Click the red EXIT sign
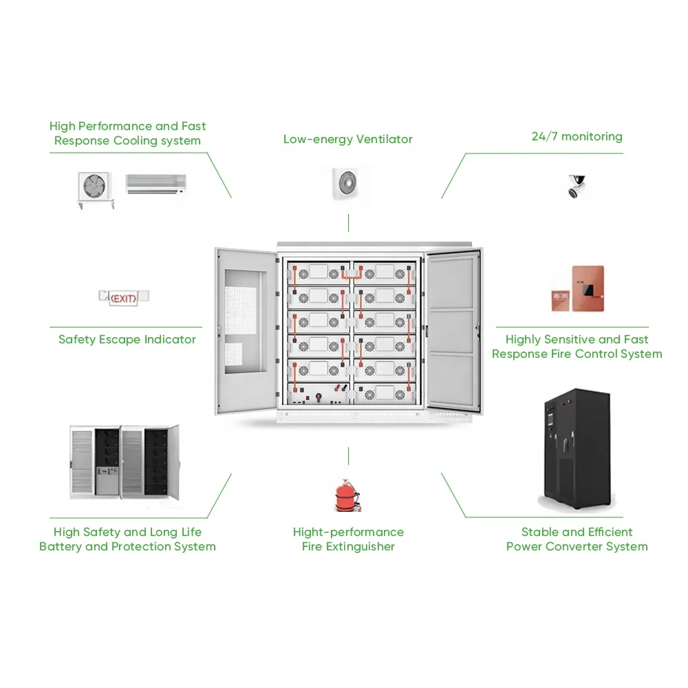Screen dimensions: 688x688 coord(125,298)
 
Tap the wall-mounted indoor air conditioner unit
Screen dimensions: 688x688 coord(155,183)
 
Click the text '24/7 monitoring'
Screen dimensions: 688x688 coord(577,136)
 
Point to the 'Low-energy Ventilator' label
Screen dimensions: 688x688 coord(347,139)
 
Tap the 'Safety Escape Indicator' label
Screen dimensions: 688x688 coord(127,339)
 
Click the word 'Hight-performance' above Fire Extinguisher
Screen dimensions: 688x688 coord(348,532)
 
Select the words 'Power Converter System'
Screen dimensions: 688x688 coord(577,547)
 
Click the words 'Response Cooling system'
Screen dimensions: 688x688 coord(127,141)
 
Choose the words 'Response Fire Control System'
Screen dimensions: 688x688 coord(577,354)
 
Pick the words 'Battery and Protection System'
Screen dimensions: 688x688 coord(127,547)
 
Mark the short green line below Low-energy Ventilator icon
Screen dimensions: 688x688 coord(349,222)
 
